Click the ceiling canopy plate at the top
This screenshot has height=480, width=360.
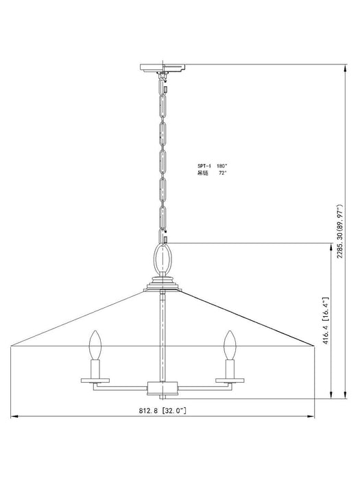click(x=163, y=67)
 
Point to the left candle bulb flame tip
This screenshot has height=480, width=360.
click(x=95, y=333)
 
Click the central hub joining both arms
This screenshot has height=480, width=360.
click(x=163, y=389)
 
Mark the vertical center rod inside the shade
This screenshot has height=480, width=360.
click(x=163, y=329)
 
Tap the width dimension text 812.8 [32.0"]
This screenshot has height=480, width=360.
click(x=163, y=410)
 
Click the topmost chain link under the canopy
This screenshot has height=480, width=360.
click(x=163, y=84)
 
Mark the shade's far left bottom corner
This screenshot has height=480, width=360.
click(x=11, y=348)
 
